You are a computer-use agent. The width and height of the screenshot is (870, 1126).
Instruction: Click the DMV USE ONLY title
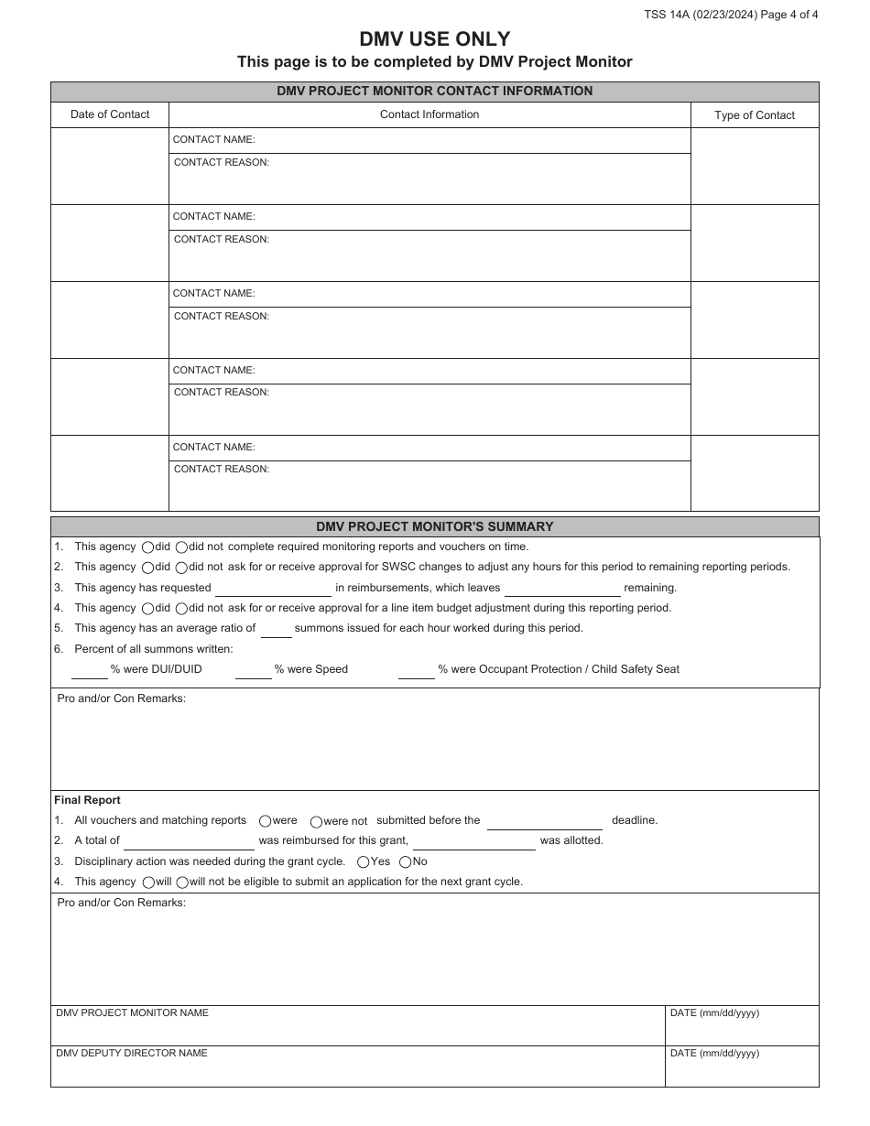pos(434,38)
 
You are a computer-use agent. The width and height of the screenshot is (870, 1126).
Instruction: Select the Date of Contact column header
pos(110,114)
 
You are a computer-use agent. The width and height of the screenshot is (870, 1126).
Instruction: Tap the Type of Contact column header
pos(755,115)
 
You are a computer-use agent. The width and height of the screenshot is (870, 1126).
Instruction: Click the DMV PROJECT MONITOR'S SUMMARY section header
pos(434,527)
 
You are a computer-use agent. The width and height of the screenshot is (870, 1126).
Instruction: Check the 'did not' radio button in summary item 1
pos(181,547)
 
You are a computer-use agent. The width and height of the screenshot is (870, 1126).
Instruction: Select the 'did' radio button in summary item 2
pos(148,568)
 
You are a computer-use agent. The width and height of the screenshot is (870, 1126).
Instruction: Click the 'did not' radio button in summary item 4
pos(181,609)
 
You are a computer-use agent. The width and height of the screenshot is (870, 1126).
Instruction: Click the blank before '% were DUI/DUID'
pos(90,670)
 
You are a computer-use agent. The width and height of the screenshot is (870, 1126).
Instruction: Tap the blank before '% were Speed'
pos(254,670)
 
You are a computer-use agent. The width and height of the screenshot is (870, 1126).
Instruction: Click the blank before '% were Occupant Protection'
pos(417,670)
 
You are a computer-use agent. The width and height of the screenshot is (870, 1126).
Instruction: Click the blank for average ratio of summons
pos(277,629)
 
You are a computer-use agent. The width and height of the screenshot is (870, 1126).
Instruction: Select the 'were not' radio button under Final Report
pos(316,822)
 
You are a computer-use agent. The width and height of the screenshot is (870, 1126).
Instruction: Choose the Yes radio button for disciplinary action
pos(364,862)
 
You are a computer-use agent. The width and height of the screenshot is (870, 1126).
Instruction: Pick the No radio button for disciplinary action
pos(405,862)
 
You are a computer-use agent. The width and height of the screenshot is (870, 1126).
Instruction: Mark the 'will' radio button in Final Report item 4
pos(148,882)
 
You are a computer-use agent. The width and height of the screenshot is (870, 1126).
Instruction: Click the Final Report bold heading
pos(87,800)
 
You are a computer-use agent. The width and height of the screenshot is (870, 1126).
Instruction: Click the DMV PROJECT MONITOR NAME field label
pos(132,1013)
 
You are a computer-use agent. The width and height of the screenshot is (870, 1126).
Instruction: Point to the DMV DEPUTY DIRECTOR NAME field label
pos(132,1054)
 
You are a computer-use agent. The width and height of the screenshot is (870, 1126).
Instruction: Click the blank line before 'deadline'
pos(544,821)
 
